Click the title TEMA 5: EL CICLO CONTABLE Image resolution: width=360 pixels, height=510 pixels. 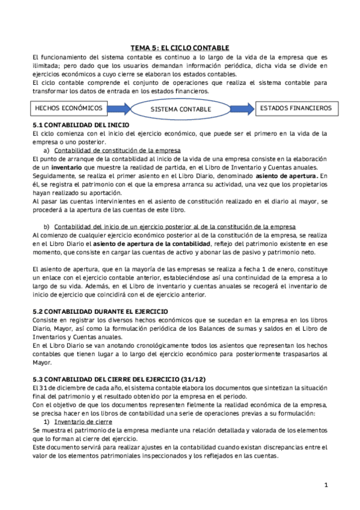(180, 48)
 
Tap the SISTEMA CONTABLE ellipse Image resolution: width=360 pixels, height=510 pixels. (180, 109)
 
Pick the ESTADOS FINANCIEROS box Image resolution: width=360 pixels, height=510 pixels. (295, 108)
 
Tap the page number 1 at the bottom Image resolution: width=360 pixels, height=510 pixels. (325, 485)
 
